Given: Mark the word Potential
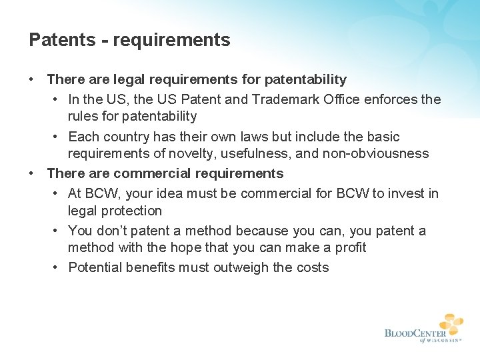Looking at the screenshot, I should coord(95,267).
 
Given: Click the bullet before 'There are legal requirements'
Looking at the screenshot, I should coord(32,79).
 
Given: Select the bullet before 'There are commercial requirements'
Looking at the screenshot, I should coord(32,173).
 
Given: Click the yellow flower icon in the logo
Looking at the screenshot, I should coord(450,325).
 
